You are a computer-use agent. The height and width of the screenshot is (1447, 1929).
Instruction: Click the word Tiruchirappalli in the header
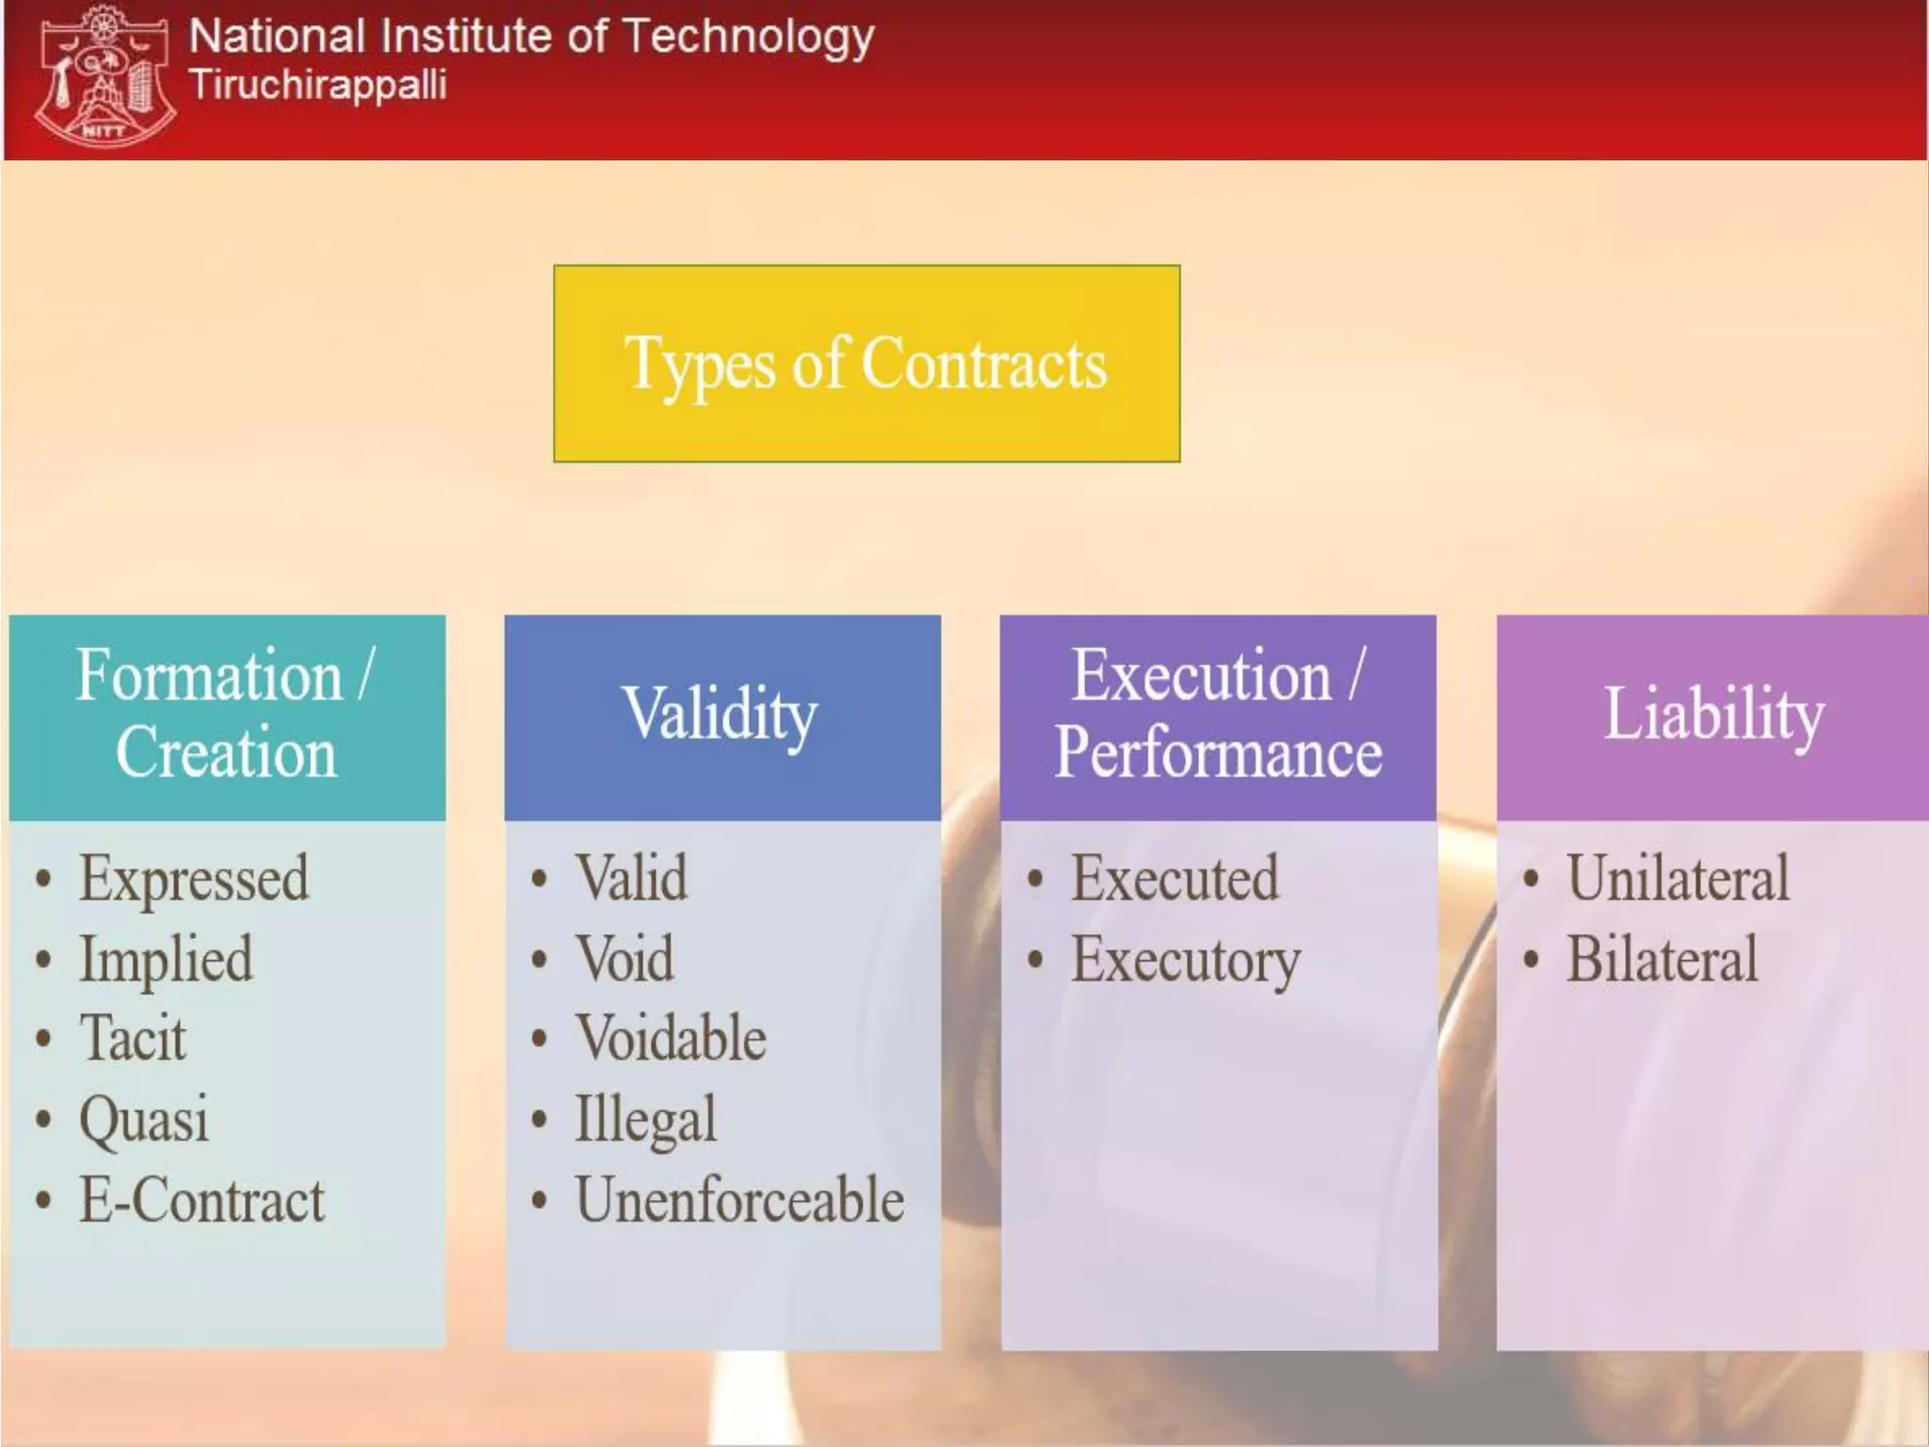(318, 86)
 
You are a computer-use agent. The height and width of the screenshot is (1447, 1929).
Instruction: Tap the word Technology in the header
(749, 38)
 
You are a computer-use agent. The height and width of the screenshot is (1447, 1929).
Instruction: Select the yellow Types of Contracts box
(866, 364)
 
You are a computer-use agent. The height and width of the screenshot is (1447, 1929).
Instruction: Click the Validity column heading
(721, 715)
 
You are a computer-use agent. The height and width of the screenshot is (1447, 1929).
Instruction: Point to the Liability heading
(1713, 715)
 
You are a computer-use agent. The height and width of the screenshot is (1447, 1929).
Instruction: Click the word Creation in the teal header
(226, 754)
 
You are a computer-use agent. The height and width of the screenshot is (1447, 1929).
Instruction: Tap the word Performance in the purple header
(1218, 754)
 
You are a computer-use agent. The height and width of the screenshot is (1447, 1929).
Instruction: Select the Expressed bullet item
(194, 879)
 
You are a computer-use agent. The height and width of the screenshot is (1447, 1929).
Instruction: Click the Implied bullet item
(166, 960)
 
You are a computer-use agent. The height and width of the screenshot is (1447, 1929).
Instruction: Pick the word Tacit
(133, 1039)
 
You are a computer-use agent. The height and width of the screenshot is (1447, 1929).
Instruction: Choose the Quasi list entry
(143, 1120)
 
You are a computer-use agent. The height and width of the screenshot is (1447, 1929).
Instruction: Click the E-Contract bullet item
(202, 1201)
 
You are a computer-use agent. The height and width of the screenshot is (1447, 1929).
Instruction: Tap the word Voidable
(671, 1039)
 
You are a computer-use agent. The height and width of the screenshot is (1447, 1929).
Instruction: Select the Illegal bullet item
(646, 1120)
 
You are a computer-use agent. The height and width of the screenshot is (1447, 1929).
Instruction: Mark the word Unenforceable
(739, 1201)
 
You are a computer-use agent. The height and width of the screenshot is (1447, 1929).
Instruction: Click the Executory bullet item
(1185, 960)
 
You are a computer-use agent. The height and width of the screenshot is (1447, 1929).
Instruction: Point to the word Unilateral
(1678, 879)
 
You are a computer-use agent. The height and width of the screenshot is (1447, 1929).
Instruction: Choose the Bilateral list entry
(1662, 960)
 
